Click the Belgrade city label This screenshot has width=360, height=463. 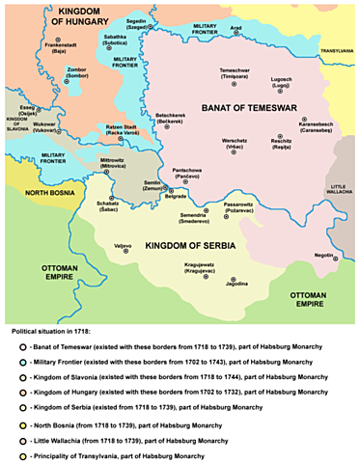pos(176,197)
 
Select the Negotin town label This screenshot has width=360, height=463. pos(308,255)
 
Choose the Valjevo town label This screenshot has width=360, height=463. pos(122,248)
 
